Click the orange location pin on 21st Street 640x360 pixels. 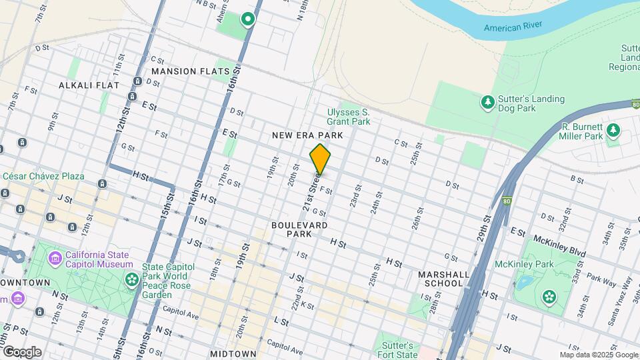[x=320, y=159]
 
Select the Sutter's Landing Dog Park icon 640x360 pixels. [x=488, y=102]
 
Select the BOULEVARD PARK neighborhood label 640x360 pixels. [x=299, y=230]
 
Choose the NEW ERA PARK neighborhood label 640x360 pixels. [x=307, y=135]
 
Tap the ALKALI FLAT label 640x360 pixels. [x=89, y=85]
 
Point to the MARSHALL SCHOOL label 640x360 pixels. [x=440, y=279]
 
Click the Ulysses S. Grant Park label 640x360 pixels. [x=348, y=117]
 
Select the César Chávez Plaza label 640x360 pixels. [x=44, y=176]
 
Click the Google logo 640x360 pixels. [x=21, y=351]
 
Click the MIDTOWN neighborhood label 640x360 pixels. [x=233, y=353]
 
